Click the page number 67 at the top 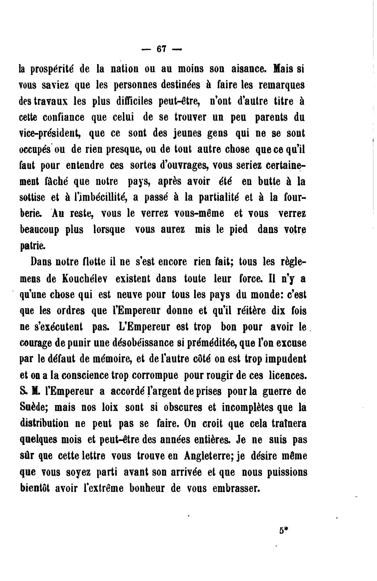tap(161, 49)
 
